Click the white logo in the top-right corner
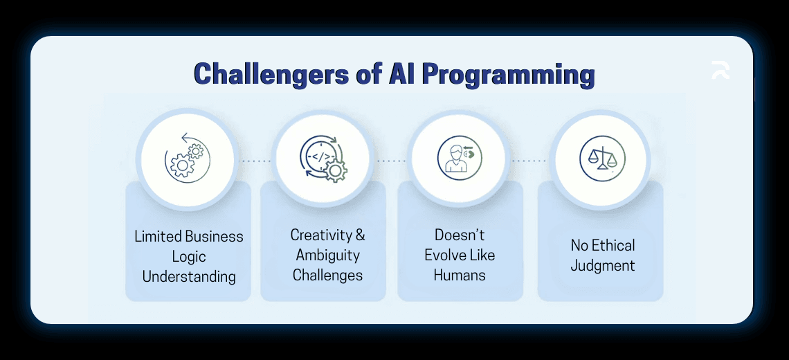tap(720, 71)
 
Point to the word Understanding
tap(188, 276)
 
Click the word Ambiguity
tap(327, 255)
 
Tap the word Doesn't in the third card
tap(460, 235)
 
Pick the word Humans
tap(460, 275)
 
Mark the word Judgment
tap(602, 265)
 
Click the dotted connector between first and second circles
tap(255, 161)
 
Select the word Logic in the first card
tap(188, 256)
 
